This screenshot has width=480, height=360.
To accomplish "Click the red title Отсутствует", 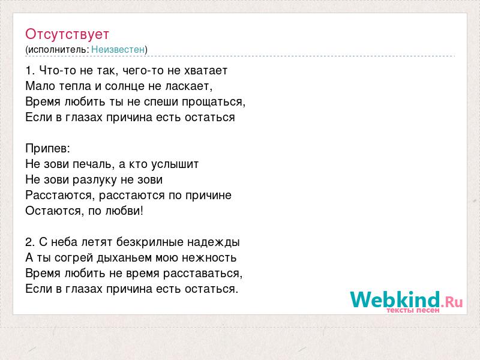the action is coord(67,34).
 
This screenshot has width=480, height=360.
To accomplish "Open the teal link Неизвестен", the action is coord(118,49).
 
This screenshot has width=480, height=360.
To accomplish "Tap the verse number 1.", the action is coord(29,71).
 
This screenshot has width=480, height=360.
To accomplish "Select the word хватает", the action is coord(206,71).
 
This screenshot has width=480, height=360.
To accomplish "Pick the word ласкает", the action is coord(188,86).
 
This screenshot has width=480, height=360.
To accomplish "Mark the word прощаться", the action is coord(214,102).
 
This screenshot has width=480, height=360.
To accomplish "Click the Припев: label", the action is coord(48,149).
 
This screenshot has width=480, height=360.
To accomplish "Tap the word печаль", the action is coord(93,164).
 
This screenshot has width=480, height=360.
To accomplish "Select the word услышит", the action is coord(175,164).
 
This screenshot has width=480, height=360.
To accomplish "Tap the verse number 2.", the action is coord(30,242).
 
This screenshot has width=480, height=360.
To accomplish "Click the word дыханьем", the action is coord(126,258).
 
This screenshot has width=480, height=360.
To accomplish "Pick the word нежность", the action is coord(209,258).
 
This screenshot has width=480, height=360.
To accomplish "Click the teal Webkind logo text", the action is coord(395,299).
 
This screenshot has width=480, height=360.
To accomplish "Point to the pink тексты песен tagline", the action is coord(413,310).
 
